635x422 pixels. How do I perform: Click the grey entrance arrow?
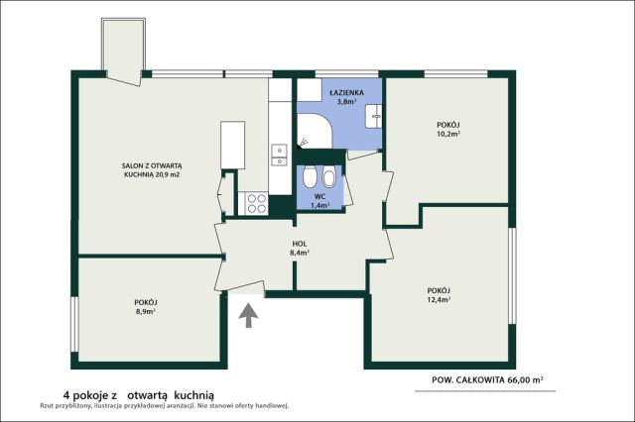[248, 316]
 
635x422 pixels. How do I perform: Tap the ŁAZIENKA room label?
[346, 92]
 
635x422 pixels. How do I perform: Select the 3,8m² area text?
[346, 102]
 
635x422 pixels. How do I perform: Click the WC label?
[319, 197]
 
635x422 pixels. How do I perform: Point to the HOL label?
[300, 244]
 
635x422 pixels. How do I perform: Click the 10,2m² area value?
[448, 134]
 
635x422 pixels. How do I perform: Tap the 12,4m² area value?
[440, 300]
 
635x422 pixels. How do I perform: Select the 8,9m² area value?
[146, 312]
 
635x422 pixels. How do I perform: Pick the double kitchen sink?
[280, 156]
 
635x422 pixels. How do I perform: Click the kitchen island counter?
[232, 145]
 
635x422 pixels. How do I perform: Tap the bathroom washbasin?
[374, 117]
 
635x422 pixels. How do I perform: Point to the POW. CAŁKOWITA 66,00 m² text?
[487, 380]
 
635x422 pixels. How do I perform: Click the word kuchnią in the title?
[196, 395]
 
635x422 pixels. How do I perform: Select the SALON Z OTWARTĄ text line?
[152, 165]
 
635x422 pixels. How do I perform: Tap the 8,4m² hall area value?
[300, 253]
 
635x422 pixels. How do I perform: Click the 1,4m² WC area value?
[319, 206]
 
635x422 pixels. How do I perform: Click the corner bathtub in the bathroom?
[315, 131]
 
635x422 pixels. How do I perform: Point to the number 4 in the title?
[65, 395]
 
